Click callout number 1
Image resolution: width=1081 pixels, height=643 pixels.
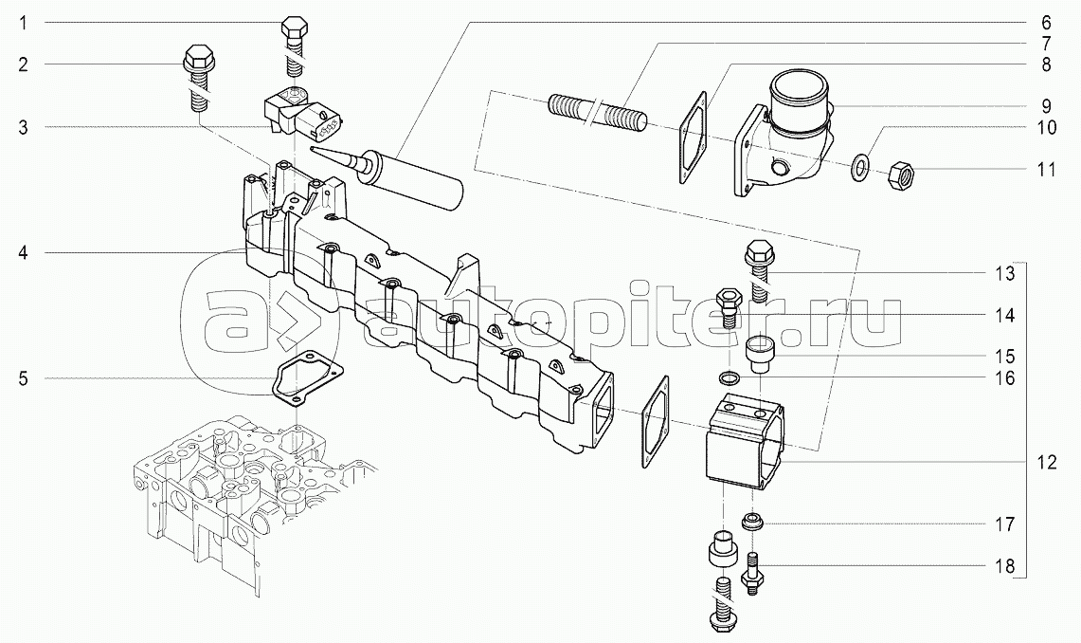coord(23,24)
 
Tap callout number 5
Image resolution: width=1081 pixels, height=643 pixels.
coord(24,378)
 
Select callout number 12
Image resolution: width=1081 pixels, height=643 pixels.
coord(1047,462)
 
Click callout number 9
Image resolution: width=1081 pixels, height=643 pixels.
coord(1047,107)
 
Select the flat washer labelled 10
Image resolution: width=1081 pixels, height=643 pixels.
coord(856,166)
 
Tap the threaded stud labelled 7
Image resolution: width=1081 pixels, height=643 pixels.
coord(598,113)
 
